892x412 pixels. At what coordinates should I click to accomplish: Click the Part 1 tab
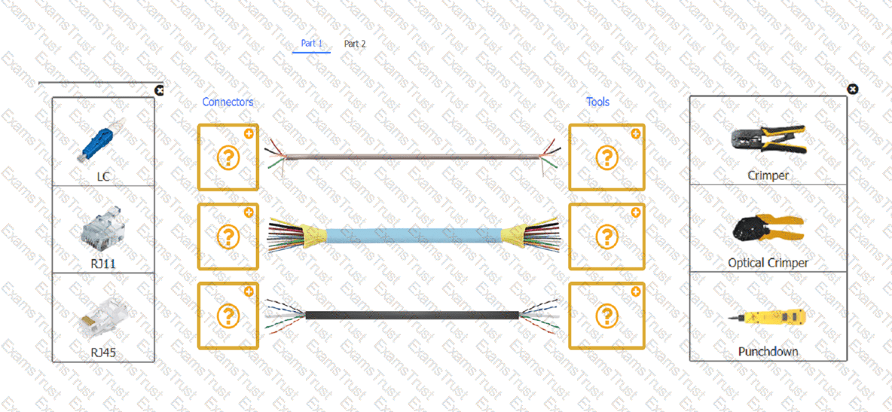[x=311, y=43]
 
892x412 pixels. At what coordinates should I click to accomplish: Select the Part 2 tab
[x=355, y=43]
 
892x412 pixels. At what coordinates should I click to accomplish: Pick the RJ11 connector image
[x=103, y=228]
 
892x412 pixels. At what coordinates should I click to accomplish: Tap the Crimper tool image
[x=768, y=140]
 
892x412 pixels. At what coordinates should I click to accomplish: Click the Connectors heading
[x=228, y=102]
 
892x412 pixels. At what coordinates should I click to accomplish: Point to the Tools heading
[x=598, y=102]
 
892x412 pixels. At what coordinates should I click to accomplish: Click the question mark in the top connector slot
[x=229, y=157]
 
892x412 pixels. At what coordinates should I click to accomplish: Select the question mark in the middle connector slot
[x=229, y=237]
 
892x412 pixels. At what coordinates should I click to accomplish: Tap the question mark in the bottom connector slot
[x=229, y=316]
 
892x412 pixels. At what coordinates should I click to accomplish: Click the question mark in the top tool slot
[x=607, y=157]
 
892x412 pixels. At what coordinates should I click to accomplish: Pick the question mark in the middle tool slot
[x=607, y=236]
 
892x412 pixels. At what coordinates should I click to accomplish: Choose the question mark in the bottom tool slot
[x=607, y=315]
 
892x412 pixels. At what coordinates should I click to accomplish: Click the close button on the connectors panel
[x=159, y=90]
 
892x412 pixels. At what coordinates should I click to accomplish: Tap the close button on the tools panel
[x=852, y=89]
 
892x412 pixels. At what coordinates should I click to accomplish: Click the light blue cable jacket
[x=414, y=235]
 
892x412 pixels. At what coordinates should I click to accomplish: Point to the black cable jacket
[x=412, y=316]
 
